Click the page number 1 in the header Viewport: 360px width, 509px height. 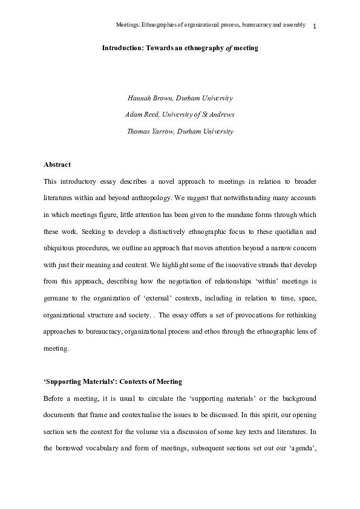pos(316,26)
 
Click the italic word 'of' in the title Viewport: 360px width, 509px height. pos(213,48)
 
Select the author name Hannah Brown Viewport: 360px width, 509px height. pos(145,98)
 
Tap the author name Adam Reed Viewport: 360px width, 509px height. pos(142,114)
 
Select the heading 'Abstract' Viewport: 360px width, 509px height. pos(57,164)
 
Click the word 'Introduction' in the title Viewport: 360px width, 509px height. pos(123,48)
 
